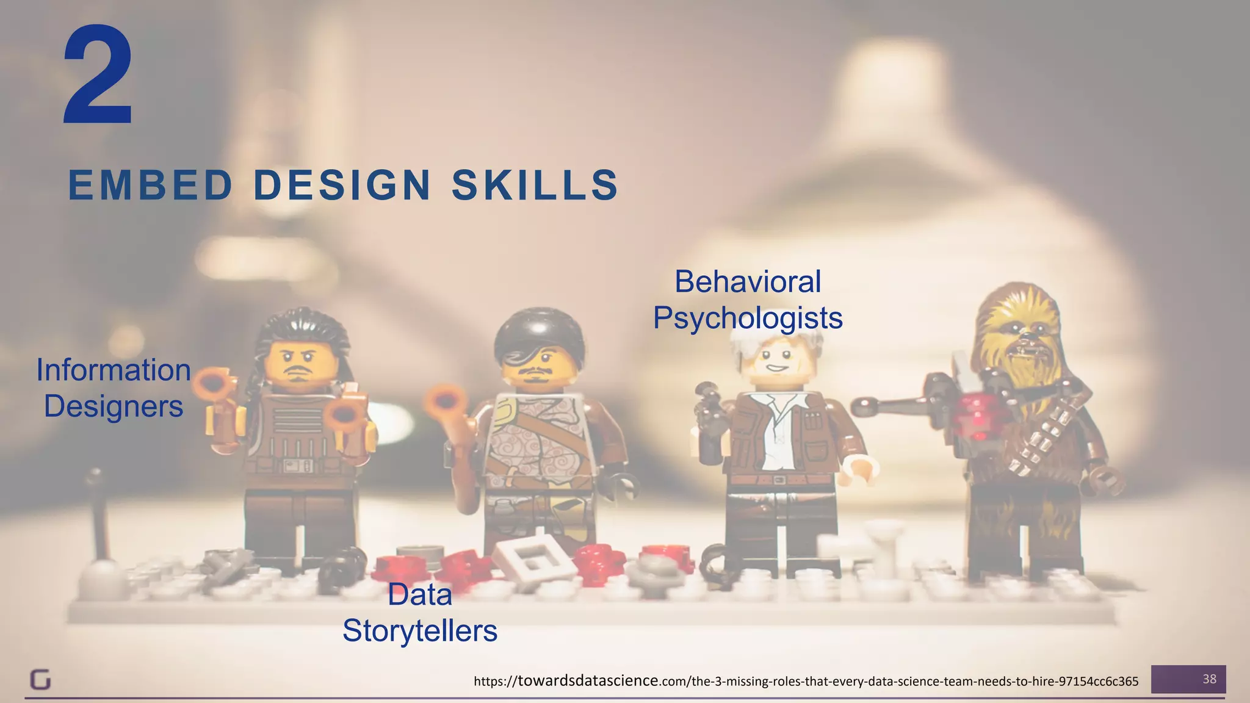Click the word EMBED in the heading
click(150, 186)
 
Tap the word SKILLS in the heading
click(535, 186)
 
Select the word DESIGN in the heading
click(342, 186)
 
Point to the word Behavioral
click(748, 282)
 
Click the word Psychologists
click(748, 318)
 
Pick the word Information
click(114, 370)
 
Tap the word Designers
click(114, 406)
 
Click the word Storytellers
click(420, 631)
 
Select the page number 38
click(1209, 679)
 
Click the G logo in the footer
click(40, 680)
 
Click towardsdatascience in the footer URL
click(588, 680)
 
